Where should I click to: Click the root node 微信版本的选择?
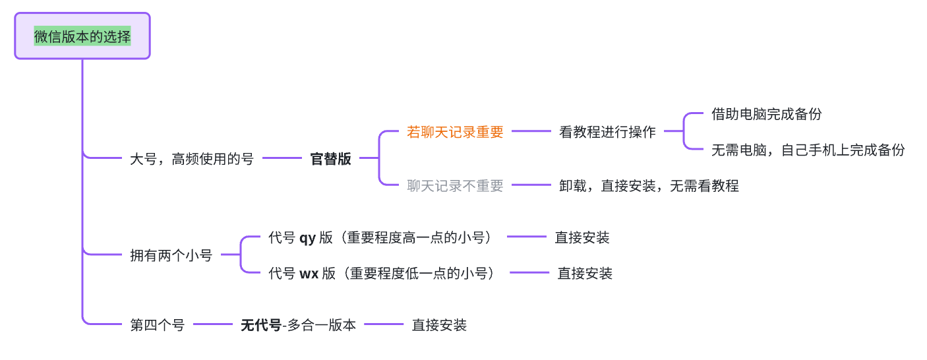[82, 36]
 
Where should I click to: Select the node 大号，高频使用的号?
[191, 159]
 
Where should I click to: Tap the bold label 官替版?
[330, 159]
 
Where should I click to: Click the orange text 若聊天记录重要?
[455, 132]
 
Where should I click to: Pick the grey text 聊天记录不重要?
[455, 186]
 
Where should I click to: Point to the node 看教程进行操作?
[607, 132]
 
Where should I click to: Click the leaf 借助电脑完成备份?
[766, 114]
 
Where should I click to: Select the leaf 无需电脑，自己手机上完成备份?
[808, 150]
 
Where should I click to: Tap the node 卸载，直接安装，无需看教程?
[649, 186]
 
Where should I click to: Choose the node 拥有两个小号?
[171, 255]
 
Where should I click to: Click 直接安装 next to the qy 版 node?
[582, 237]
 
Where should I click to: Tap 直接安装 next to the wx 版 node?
[585, 273]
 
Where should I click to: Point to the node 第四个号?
[157, 325]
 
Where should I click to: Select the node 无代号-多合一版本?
[298, 325]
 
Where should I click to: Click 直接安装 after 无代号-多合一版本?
[439, 325]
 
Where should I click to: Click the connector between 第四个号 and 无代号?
[212, 324]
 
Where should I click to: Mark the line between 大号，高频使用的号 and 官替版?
[282, 158]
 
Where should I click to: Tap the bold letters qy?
[307, 238]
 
